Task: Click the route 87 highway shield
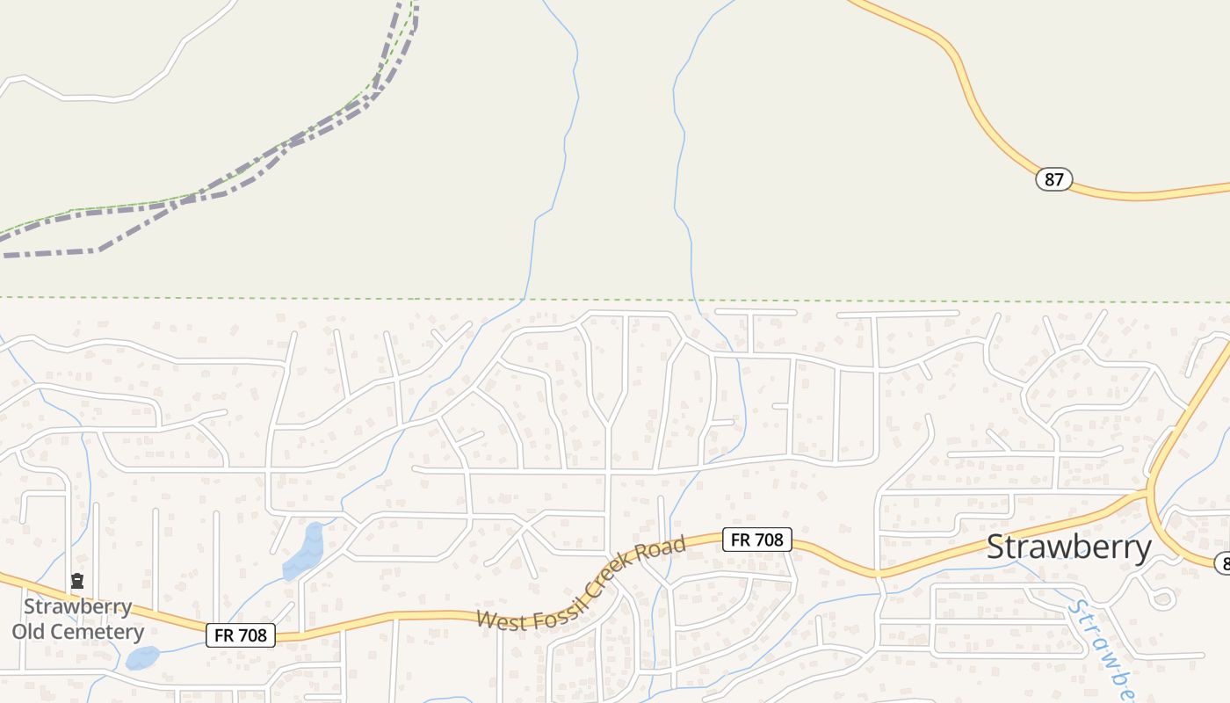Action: tap(1054, 180)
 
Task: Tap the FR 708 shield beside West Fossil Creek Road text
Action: tap(756, 540)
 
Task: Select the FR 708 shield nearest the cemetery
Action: tap(241, 634)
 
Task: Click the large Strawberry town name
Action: tap(1068, 547)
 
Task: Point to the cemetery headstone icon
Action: tap(77, 581)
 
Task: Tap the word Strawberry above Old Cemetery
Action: tap(77, 607)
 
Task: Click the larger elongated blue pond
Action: tap(304, 552)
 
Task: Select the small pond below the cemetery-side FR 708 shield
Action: tap(142, 657)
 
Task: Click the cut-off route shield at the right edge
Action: tap(1222, 563)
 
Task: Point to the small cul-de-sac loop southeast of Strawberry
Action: tap(1162, 598)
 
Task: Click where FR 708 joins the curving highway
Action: tap(1148, 494)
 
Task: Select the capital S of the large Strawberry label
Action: tap(996, 547)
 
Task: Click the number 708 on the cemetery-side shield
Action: tap(252, 634)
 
